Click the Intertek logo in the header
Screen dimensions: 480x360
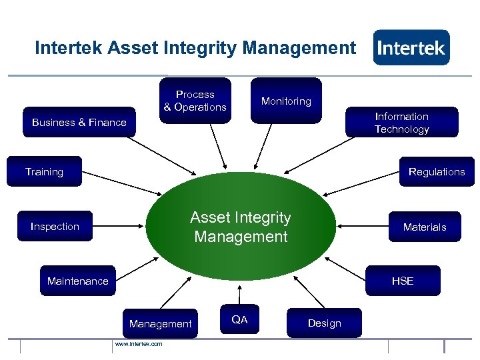411,47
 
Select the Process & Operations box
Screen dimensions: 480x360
195,101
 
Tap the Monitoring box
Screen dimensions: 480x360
286,101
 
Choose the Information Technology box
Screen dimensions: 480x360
401,123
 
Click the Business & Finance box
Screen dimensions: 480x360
79,123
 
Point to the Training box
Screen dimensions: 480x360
45,172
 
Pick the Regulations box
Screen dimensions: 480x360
437,172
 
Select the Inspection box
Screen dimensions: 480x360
55,227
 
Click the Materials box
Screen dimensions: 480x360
425,227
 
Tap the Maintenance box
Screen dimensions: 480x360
78,281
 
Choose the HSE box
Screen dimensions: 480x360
403,281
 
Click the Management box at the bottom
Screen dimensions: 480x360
160,324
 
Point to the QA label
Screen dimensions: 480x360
239,320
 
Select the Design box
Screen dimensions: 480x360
325,323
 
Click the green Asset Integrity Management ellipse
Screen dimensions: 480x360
241,227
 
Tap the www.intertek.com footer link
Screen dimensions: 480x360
138,344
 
